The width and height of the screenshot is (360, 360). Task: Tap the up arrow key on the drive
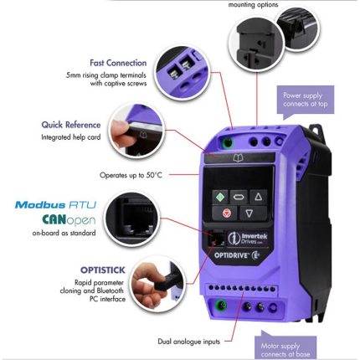click(x=259, y=197)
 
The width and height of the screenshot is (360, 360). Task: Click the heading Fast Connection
click(x=118, y=63)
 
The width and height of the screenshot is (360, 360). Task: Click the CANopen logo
click(x=64, y=219)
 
